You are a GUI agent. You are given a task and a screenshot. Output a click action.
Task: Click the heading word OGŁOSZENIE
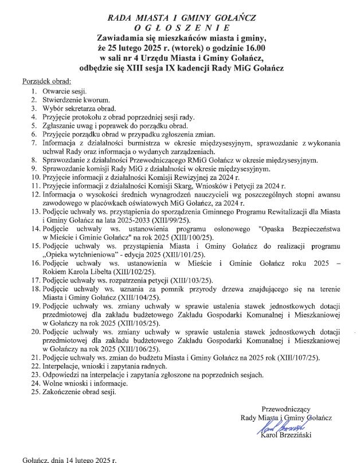click(x=181, y=27)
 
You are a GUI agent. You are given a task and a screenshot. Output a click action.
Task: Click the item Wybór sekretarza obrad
click(x=79, y=108)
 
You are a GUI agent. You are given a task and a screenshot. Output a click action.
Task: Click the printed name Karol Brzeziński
click(x=285, y=439)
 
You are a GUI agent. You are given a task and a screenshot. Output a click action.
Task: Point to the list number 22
click(x=36, y=366)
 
